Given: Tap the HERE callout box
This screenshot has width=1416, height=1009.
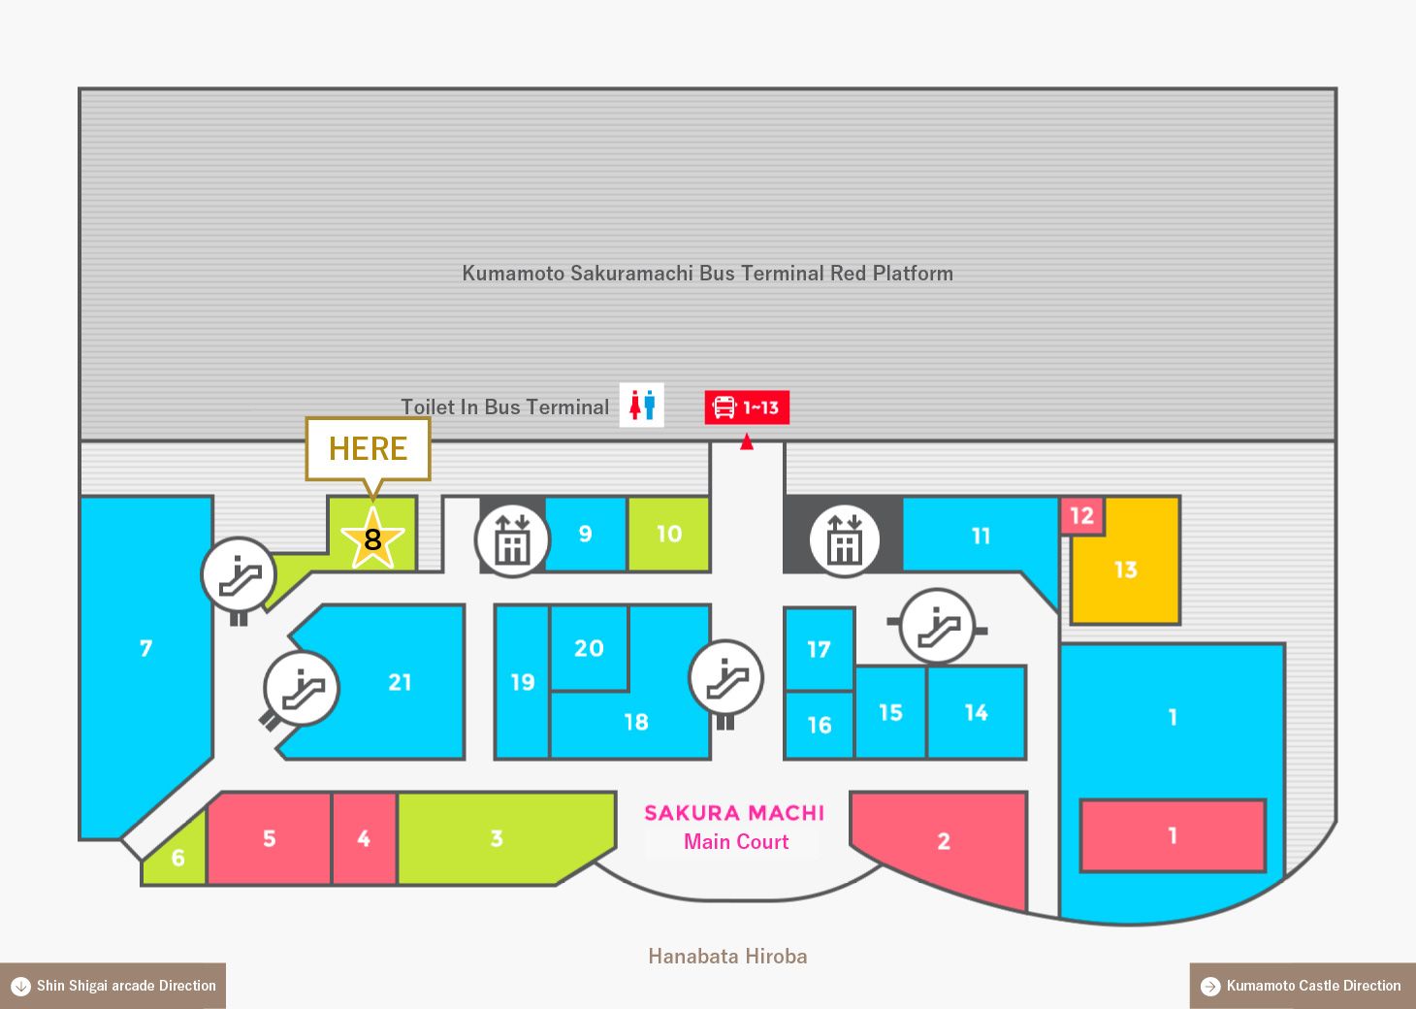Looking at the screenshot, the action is pos(368,449).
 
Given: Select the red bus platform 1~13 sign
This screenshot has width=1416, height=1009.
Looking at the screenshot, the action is pos(747,407).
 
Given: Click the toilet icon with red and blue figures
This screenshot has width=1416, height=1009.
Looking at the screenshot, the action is pos(642,405).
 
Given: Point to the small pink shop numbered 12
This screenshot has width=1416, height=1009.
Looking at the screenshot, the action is pos(1081,516).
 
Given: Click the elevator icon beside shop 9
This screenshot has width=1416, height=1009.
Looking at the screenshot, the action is pos(513,541).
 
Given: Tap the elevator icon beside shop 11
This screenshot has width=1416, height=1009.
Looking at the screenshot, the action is pos(845,541).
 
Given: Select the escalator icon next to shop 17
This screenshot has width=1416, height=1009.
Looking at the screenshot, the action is pos(938,626).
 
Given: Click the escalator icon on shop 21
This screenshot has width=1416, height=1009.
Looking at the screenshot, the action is pos(302,689).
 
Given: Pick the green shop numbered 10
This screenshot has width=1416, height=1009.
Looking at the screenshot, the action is pos(669,535).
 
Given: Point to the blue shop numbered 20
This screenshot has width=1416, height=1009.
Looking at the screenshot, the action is pos(589,648).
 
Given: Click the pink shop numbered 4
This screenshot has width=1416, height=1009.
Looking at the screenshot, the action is pos(364,838).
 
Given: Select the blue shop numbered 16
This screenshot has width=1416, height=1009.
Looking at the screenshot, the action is pos(820,725).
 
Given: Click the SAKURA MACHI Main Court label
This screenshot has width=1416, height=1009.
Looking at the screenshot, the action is pos(734,827).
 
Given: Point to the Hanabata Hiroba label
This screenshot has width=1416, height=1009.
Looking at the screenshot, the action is pos(727,956).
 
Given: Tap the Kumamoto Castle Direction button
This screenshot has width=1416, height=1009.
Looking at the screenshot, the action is pos(1303,986).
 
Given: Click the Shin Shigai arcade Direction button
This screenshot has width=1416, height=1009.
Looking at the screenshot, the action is pos(113,986).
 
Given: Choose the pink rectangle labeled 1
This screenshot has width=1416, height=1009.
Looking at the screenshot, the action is pos(1173,835).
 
